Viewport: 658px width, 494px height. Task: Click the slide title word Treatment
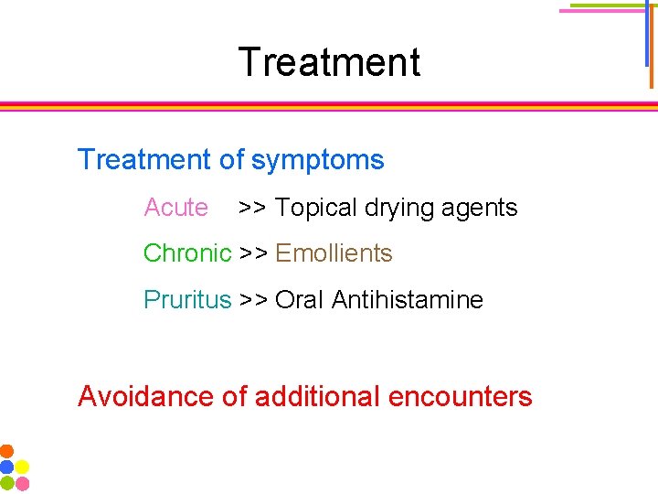[x=329, y=62]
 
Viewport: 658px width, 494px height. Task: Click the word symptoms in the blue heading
[x=317, y=160]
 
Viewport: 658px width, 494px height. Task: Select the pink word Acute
[x=175, y=208]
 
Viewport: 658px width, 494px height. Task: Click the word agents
[x=481, y=209]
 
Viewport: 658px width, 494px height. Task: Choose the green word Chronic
[x=187, y=253]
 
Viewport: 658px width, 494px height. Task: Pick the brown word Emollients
[x=334, y=253]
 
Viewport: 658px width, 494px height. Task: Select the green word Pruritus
[x=187, y=299]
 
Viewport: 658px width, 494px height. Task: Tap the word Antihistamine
[x=408, y=299]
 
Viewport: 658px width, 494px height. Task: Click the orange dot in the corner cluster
[x=6, y=451]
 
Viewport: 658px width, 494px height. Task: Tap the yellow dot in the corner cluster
[x=22, y=467]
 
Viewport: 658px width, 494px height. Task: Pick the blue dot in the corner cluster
[x=6, y=467]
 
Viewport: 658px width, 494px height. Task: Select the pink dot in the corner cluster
[x=22, y=482]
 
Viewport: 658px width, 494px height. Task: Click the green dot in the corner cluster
[x=6, y=482]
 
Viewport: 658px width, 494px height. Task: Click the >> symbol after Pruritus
[x=253, y=299]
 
